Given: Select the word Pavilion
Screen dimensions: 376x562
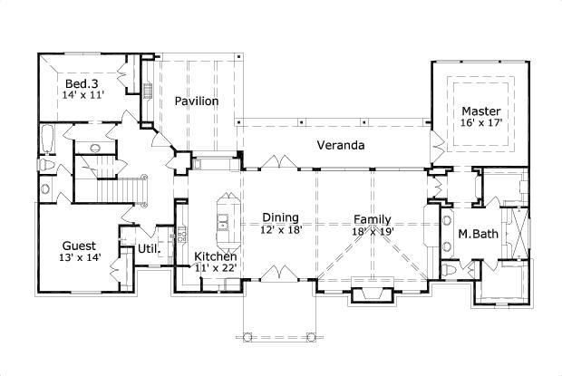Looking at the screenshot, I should (x=197, y=101).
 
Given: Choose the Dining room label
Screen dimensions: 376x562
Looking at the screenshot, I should (x=280, y=217).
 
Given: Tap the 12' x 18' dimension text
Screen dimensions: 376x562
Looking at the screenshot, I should (x=280, y=230).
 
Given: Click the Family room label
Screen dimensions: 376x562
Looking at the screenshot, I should (x=373, y=219).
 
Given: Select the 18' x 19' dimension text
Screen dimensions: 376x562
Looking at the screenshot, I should (x=373, y=232).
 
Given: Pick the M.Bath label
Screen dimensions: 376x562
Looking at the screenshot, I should (x=476, y=235).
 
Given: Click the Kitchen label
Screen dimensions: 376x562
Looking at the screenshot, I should (x=216, y=256).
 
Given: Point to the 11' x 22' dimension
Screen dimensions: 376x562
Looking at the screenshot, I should (x=216, y=269).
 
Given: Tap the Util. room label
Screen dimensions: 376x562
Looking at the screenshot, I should (x=149, y=248).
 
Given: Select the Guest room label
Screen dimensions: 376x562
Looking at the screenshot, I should (x=80, y=246).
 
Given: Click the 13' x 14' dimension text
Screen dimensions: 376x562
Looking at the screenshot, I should (x=80, y=258).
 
